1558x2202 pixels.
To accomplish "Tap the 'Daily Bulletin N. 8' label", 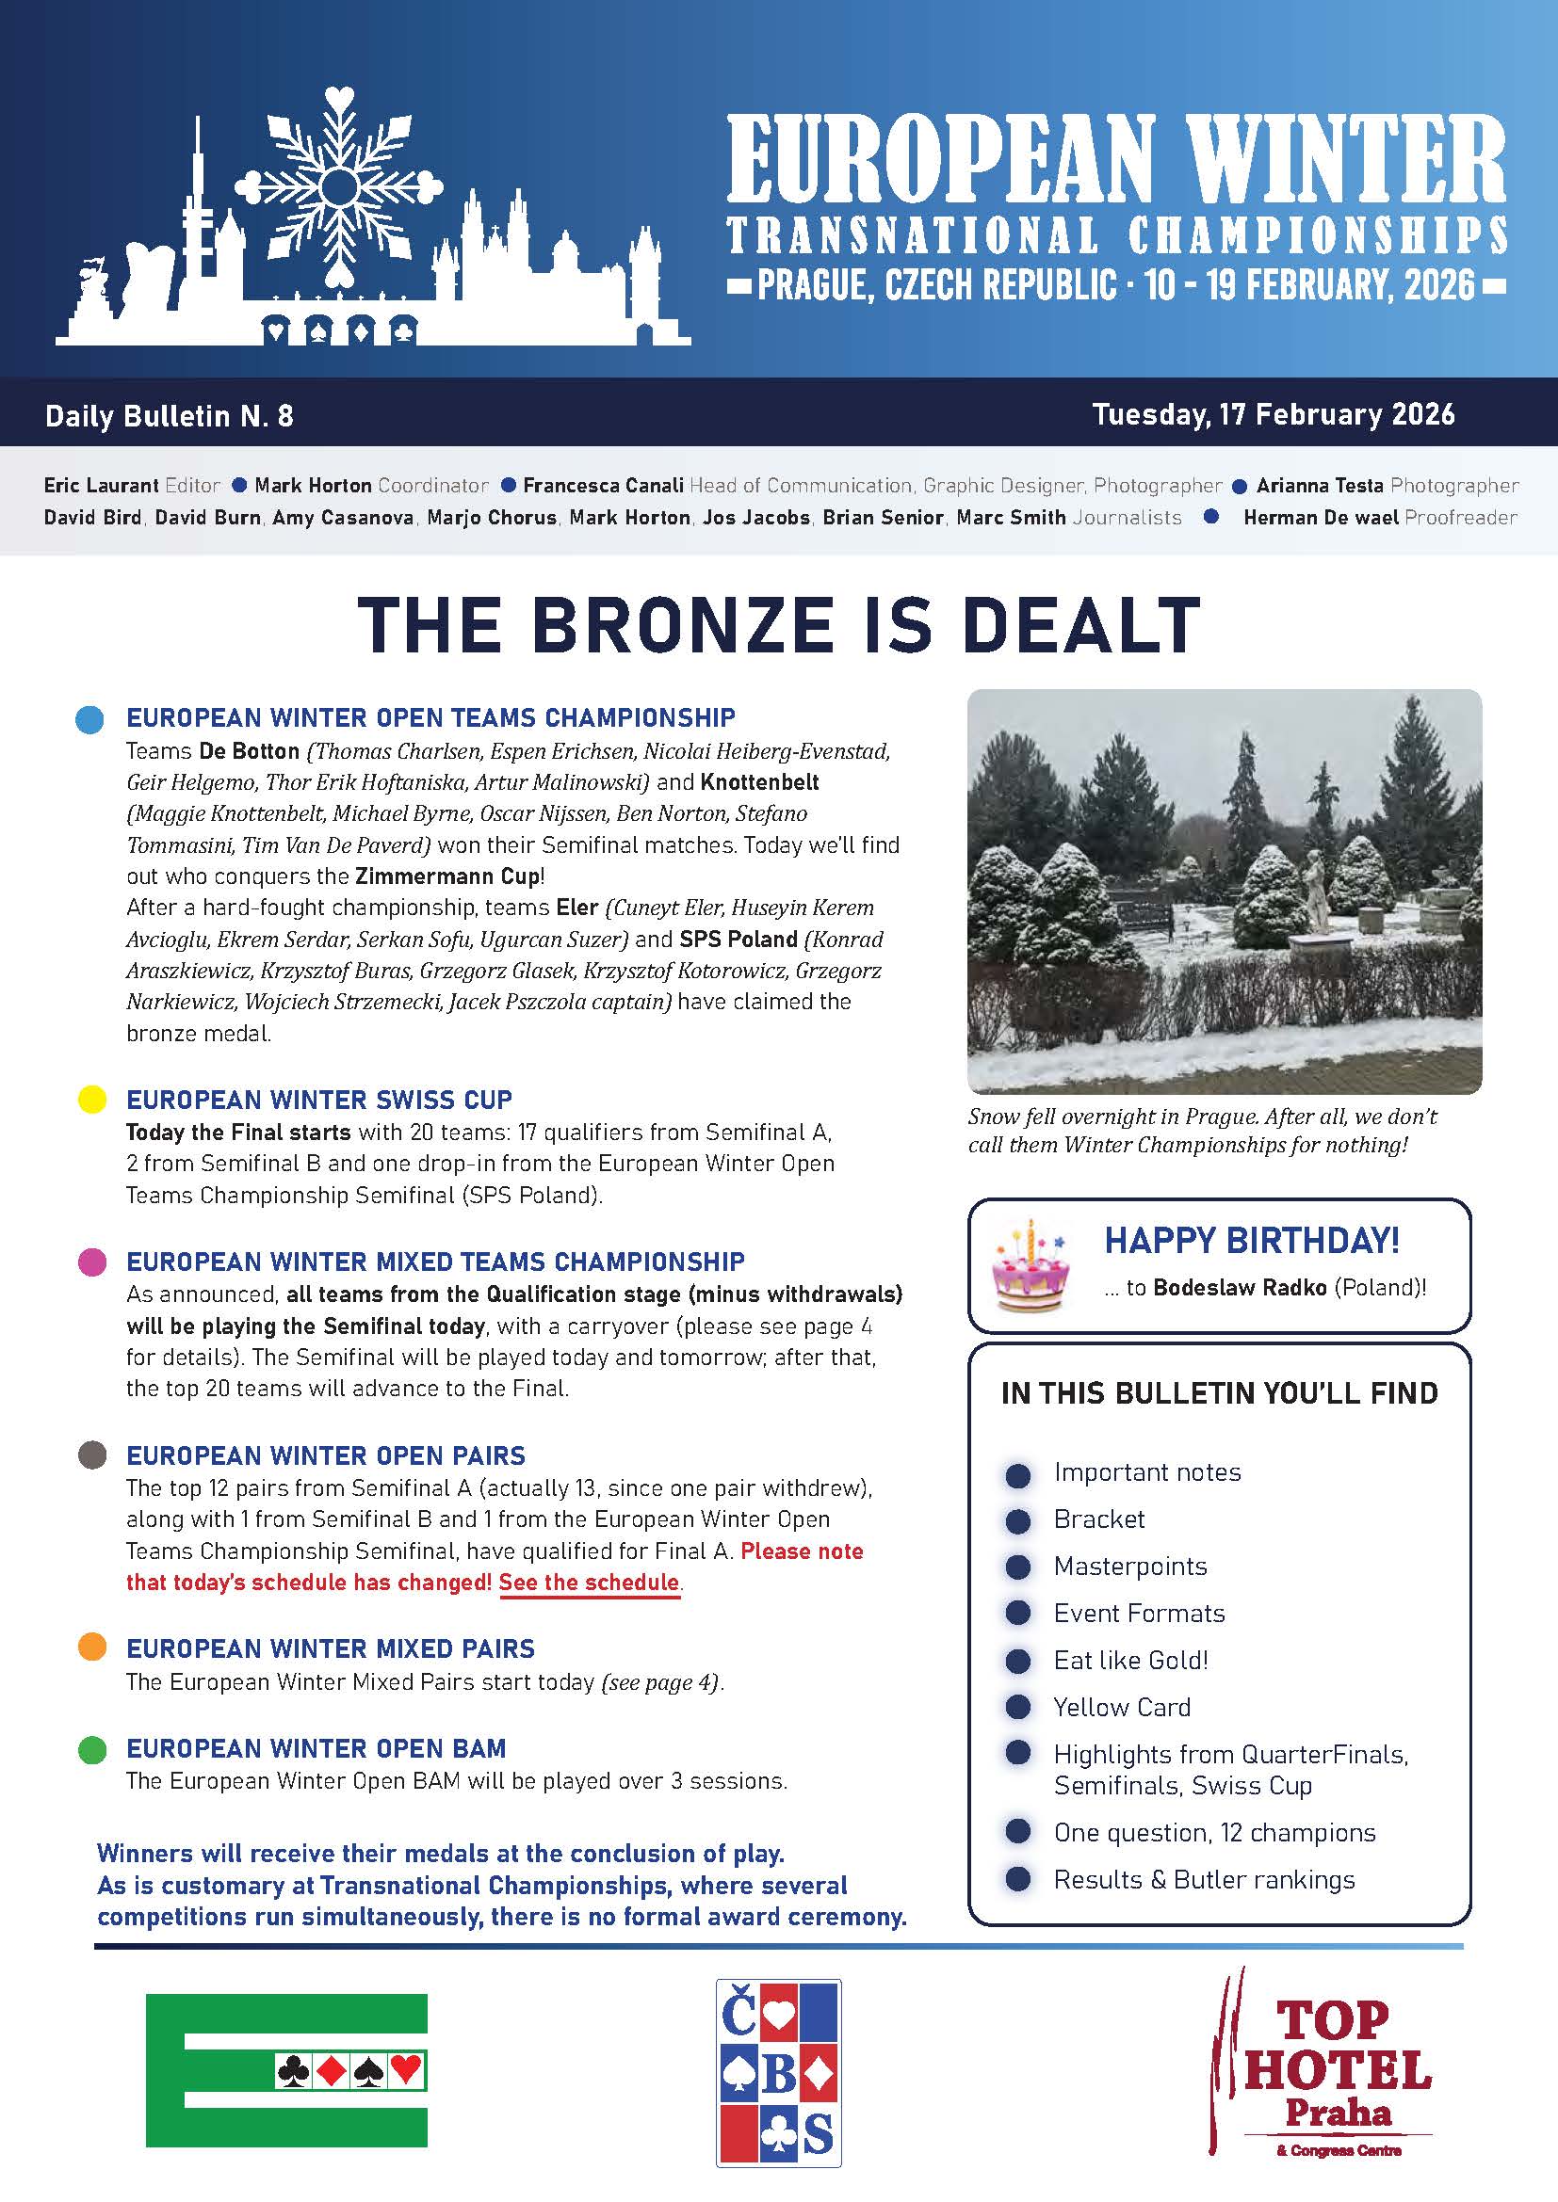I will (x=169, y=416).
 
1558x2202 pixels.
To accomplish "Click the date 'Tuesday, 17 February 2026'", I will (x=1274, y=414).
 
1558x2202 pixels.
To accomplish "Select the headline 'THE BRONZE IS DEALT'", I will (x=778, y=625).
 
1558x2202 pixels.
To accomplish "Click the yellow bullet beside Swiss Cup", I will (x=92, y=1099).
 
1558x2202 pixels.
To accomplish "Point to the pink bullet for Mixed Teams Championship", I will (x=92, y=1262).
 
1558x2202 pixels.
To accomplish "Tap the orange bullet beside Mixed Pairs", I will (x=92, y=1647).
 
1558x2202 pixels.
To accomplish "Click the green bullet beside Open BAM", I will (x=92, y=1748).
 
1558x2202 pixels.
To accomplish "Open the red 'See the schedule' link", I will (x=589, y=1582).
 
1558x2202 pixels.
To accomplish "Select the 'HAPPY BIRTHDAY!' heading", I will (x=1251, y=1241).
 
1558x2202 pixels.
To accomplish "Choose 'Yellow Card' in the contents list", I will (x=1122, y=1707).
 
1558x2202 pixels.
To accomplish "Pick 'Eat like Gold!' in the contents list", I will (x=1130, y=1660).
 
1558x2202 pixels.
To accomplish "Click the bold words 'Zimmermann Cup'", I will (x=447, y=876).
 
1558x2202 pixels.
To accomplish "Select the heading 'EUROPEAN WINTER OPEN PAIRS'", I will (x=325, y=1455).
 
